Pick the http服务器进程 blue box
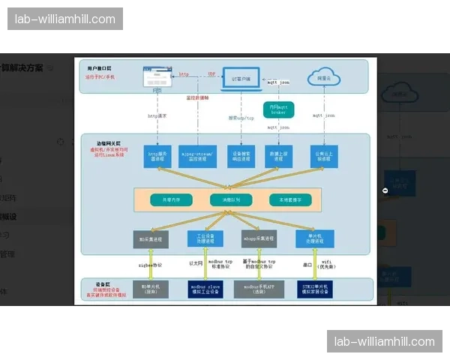click(157, 157)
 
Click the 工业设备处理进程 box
click(205, 238)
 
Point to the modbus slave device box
click(205, 289)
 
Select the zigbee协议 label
click(152, 265)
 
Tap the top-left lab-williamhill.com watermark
click(65, 19)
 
